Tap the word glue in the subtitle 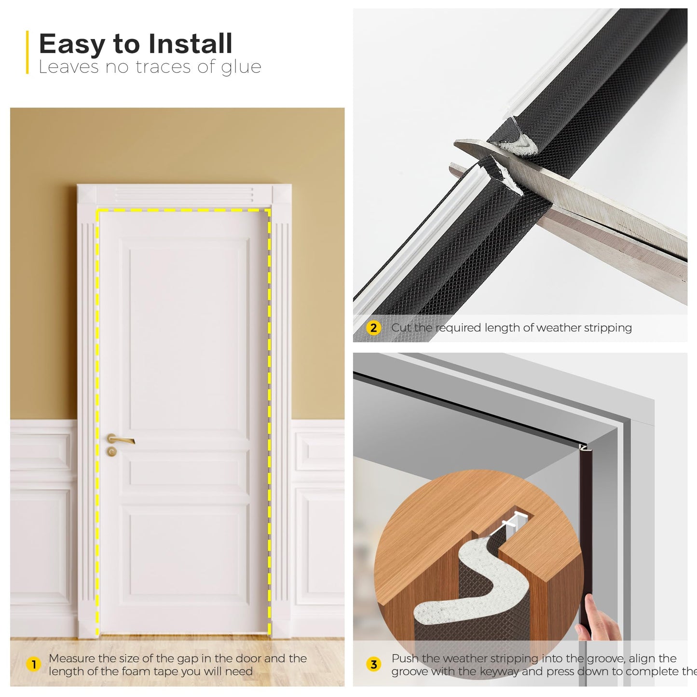[x=241, y=67]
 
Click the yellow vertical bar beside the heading [x=27, y=52]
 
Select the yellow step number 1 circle [x=33, y=665]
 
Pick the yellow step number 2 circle [x=373, y=328]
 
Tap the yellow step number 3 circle [x=373, y=665]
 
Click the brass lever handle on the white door [x=120, y=439]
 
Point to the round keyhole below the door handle [x=112, y=451]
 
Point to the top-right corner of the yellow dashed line [x=269, y=210]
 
